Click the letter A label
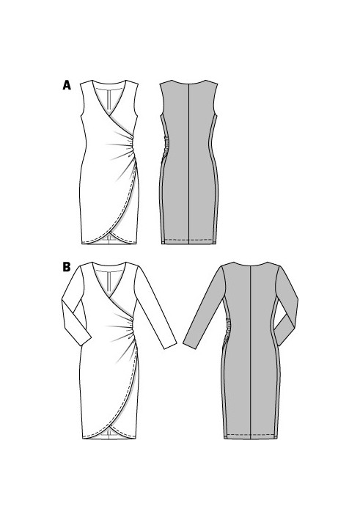click(67, 85)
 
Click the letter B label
click(67, 267)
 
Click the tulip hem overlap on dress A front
click(109, 234)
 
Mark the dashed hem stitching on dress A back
click(188, 239)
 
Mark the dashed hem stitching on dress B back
click(250, 434)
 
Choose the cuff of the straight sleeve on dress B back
click(190, 344)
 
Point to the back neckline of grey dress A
click(188, 83)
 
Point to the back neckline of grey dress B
click(250, 265)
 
